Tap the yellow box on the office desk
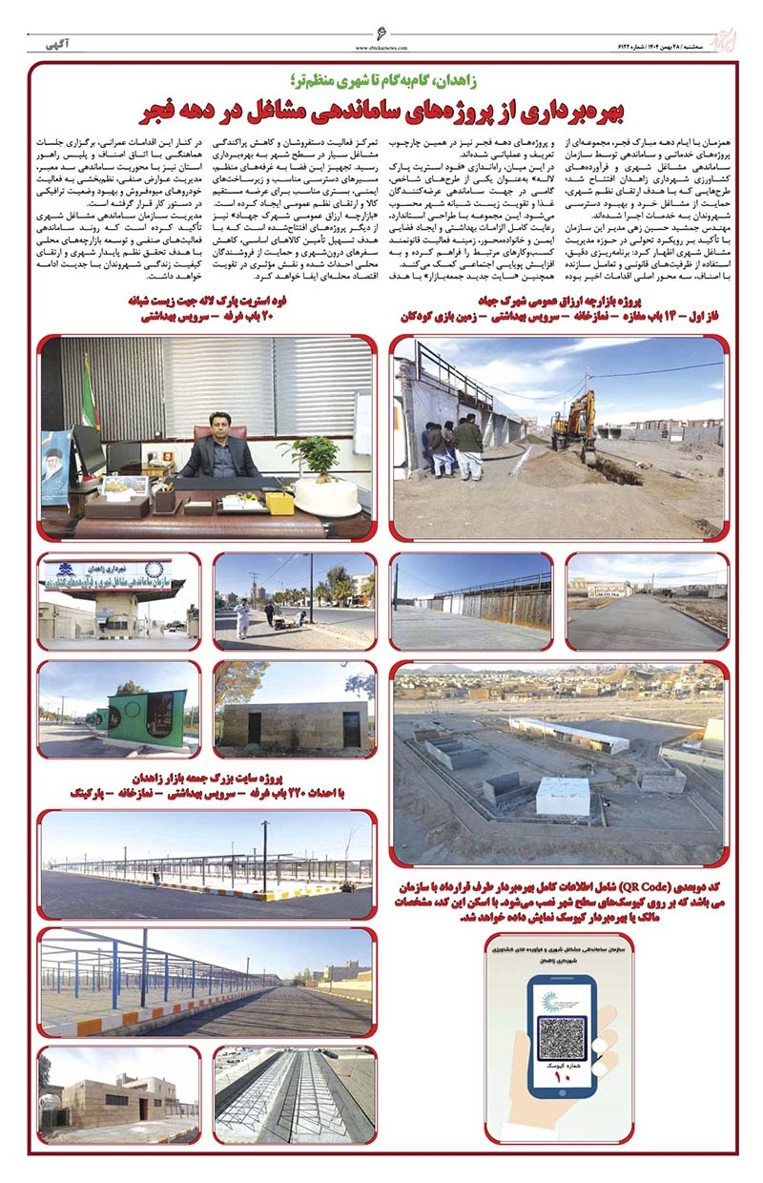[x=279, y=503]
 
